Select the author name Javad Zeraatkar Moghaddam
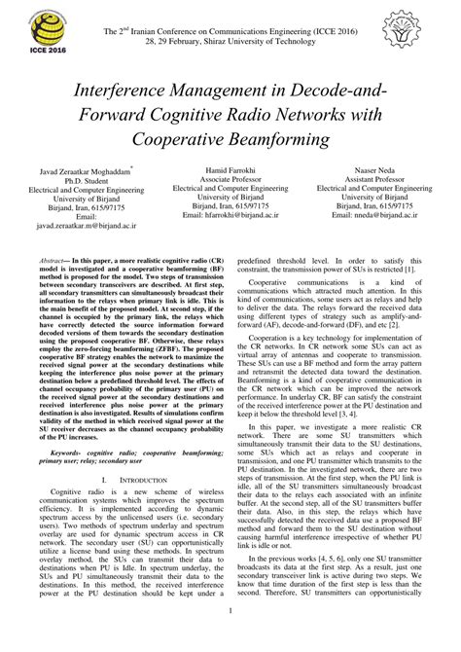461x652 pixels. click(x=89, y=169)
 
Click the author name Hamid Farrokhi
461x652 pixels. click(x=230, y=169)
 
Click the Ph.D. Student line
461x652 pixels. click(x=89, y=179)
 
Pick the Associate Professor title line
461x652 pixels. click(x=230, y=179)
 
